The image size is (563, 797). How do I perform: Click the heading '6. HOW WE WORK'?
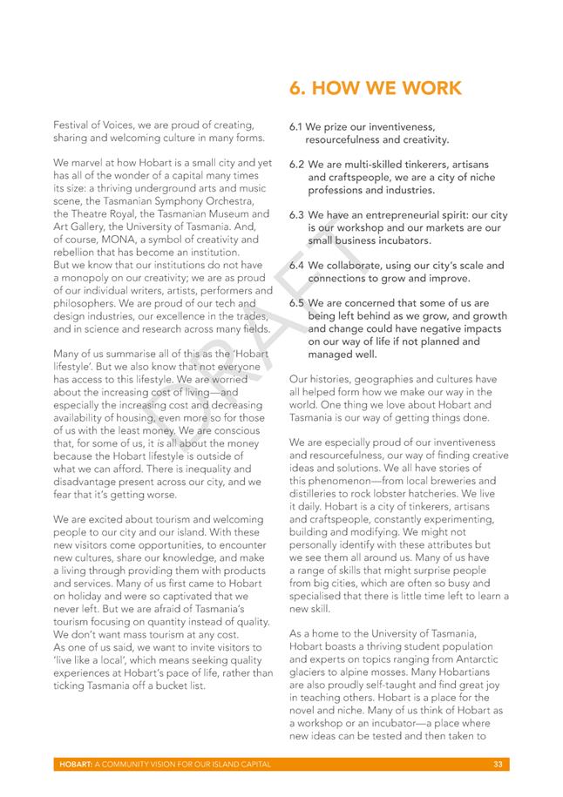pos(375,89)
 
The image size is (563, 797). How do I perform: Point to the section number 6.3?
pos(297,215)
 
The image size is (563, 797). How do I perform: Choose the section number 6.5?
pos(297,304)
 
